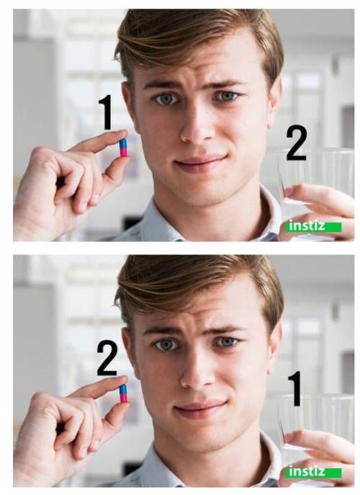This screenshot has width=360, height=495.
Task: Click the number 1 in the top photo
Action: (107, 112)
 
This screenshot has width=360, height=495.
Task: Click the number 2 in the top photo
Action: (296, 143)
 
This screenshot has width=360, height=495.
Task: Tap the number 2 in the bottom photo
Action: (107, 358)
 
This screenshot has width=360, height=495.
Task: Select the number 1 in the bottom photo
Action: (295, 388)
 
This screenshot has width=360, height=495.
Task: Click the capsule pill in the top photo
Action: (123, 148)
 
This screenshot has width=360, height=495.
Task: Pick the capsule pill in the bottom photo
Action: (123, 393)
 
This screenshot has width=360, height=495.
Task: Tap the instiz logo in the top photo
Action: (315, 226)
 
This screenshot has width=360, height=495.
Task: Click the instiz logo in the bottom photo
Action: (315, 472)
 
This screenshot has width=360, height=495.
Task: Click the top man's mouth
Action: (200, 162)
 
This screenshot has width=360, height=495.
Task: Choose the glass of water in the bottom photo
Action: (315, 423)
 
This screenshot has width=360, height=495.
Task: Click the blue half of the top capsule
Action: (123, 144)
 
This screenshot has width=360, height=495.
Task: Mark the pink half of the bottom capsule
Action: (124, 398)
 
